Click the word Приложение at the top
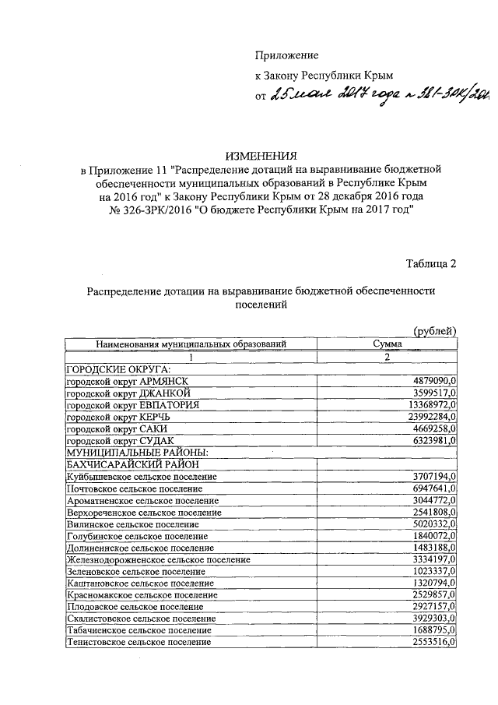pos(287,55)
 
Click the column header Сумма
pos(388,344)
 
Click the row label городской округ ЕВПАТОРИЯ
pos(133,405)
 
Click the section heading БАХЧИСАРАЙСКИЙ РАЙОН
pos(138,464)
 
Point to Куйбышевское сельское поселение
pos(142,476)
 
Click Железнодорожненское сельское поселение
pos(159,559)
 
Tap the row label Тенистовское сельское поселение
pos(139,643)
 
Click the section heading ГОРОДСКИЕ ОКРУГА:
pos(118,369)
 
